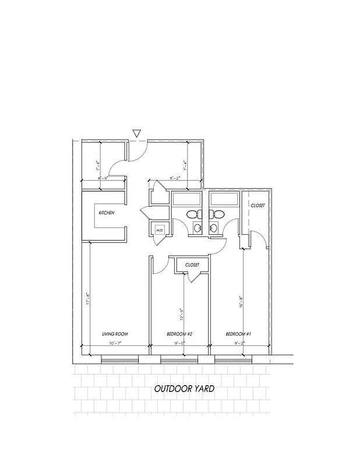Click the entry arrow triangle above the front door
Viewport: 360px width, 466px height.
tap(137, 133)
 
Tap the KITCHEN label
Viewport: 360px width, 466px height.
tap(107, 213)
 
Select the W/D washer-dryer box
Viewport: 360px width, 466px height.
tap(159, 231)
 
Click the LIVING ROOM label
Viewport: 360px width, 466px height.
tap(115, 334)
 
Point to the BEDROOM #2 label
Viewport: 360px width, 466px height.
tap(179, 334)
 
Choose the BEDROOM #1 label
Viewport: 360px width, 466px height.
tap(238, 334)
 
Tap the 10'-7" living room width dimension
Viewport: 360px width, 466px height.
tap(115, 344)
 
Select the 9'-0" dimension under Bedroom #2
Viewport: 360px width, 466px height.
tap(179, 344)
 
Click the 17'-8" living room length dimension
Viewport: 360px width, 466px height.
tap(88, 299)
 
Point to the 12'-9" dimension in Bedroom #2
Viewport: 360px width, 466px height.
tap(182, 315)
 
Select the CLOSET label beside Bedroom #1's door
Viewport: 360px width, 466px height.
tap(257, 206)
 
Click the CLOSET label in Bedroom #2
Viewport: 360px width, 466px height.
tap(192, 265)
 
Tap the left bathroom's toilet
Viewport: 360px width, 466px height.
tap(193, 215)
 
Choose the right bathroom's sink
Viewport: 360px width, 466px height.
tap(214, 228)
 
